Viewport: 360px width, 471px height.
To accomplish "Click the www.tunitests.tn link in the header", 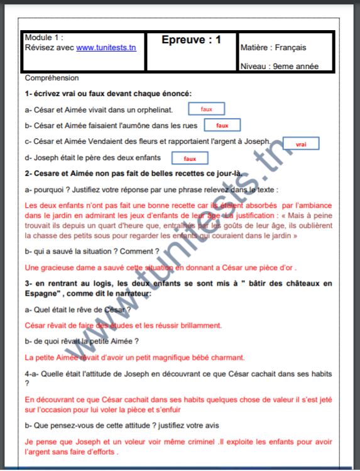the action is pyautogui.click(x=106, y=47).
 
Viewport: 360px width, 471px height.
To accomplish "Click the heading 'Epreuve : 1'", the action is pyautogui.click(x=191, y=40).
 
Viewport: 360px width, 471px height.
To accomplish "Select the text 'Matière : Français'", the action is pyautogui.click(x=273, y=47).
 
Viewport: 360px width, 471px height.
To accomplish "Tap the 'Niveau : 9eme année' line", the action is pyautogui.click(x=279, y=66).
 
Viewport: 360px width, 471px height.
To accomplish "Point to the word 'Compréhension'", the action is pyautogui.click(x=52, y=78).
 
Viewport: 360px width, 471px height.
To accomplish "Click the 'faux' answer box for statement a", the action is pyautogui.click(x=207, y=109).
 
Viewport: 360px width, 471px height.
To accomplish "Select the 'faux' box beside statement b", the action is pyautogui.click(x=223, y=126).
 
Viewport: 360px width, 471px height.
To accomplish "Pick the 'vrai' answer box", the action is pyautogui.click(x=301, y=144).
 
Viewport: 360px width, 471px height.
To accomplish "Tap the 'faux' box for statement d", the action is pyautogui.click(x=190, y=159).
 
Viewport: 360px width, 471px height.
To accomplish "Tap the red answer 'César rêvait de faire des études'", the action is pyautogui.click(x=123, y=325).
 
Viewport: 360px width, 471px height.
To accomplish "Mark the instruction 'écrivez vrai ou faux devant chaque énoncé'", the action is pyautogui.click(x=112, y=94).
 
